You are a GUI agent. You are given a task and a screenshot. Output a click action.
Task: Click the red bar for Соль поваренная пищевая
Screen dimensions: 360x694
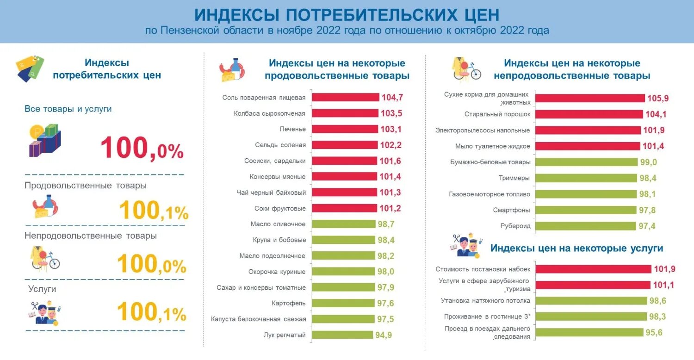[x=345, y=97]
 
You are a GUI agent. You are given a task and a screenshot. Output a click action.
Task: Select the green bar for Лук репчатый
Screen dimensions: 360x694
[x=342, y=335]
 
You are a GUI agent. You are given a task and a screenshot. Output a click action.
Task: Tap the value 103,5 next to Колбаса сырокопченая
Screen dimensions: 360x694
[x=391, y=113]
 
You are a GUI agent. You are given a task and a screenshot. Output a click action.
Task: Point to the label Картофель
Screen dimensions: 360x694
[x=289, y=303]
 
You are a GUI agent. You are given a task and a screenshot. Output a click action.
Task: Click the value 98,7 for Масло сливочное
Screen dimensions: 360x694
[x=386, y=224]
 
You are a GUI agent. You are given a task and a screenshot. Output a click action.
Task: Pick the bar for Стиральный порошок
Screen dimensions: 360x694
[x=589, y=114]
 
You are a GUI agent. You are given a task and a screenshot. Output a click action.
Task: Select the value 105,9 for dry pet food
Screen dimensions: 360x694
[x=658, y=98]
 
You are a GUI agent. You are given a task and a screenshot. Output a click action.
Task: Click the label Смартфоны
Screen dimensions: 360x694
[x=511, y=210]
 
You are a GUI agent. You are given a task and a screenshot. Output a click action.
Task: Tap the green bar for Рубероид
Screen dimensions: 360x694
[x=585, y=226]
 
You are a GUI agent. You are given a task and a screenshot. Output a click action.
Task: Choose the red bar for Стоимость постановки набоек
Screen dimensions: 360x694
[x=594, y=269]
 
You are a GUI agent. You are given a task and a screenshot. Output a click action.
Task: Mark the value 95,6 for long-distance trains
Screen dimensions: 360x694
[x=656, y=333]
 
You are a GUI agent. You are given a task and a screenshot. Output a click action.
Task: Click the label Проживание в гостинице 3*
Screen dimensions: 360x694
[x=487, y=317]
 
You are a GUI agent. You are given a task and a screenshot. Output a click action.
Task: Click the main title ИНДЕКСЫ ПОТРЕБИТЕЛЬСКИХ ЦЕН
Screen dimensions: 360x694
[x=347, y=14]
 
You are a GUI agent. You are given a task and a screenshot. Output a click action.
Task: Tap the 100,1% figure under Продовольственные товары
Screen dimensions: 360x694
[x=154, y=211]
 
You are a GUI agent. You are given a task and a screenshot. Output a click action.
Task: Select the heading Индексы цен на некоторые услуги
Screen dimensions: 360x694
[x=576, y=248]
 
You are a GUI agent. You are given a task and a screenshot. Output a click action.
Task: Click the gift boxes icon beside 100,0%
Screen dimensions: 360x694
[x=45, y=140]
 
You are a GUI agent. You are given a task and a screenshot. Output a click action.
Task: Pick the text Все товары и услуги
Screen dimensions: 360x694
[x=68, y=109]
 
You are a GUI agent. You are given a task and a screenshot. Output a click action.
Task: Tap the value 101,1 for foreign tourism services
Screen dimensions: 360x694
[x=663, y=285]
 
